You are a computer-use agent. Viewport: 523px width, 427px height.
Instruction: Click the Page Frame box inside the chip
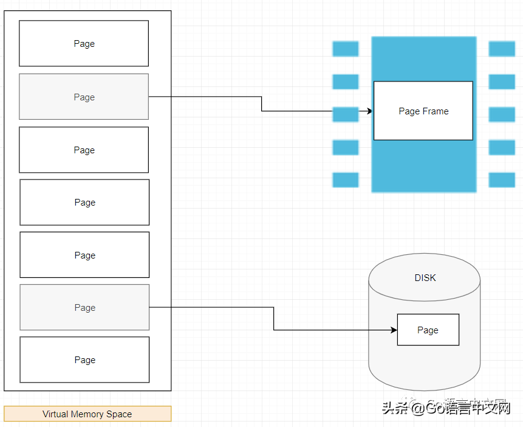(423, 111)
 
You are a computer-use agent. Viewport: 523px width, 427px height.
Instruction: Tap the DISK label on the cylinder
(425, 278)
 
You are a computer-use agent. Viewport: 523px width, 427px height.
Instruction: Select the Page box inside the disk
(428, 330)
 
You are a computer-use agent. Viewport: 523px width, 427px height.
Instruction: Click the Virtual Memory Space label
(87, 414)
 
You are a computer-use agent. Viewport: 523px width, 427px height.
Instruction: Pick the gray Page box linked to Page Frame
(84, 97)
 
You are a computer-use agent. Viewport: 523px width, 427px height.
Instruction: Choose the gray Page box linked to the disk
(84, 307)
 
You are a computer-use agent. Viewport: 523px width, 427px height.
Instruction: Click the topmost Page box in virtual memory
(84, 44)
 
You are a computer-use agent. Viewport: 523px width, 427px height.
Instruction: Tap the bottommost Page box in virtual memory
(84, 359)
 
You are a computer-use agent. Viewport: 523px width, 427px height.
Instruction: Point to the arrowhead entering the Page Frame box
(369, 111)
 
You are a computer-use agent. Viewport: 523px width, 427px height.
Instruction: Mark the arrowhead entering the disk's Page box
(394, 330)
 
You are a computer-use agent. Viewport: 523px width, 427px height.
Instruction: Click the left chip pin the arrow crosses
(345, 114)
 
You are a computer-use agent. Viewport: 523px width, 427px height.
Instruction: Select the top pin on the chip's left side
(345, 49)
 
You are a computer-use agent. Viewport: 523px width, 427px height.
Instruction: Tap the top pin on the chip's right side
(502, 49)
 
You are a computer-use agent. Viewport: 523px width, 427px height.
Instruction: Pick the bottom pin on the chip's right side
(502, 180)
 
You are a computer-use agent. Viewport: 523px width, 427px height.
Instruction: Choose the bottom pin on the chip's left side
(345, 180)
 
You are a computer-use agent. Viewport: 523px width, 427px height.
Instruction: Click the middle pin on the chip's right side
(502, 114)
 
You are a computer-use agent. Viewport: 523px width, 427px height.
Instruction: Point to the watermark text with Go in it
(446, 407)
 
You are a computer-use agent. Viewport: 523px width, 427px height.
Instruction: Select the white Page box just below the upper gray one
(84, 150)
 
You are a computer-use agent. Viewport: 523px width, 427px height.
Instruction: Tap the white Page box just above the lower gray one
(84, 255)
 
